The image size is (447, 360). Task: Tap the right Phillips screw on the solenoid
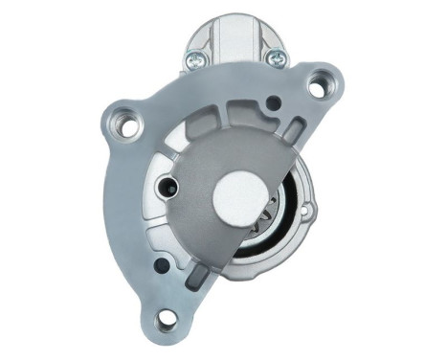tap(277, 58)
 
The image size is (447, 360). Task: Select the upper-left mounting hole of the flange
tap(125, 122)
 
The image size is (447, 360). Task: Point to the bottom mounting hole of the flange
tap(168, 320)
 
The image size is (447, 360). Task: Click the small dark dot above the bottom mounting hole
tap(163, 263)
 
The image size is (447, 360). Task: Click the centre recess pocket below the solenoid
tap(230, 105)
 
